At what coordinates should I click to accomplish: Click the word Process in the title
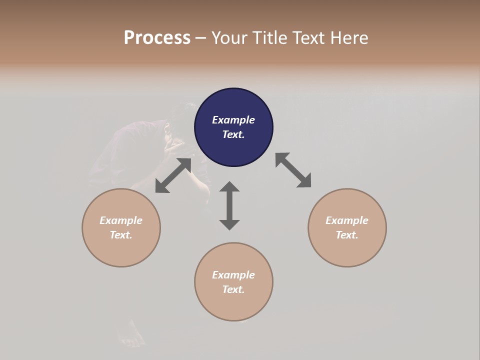(157, 38)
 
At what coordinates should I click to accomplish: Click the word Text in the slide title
(310, 38)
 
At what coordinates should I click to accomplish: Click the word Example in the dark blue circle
(233, 120)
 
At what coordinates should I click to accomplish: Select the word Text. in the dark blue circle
(233, 134)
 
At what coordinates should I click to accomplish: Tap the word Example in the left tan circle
(121, 220)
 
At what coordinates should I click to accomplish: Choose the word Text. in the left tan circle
(121, 235)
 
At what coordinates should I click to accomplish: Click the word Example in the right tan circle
(347, 220)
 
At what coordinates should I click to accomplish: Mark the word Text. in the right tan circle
(347, 235)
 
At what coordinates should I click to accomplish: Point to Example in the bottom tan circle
(233, 275)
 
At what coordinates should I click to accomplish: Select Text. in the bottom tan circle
(233, 289)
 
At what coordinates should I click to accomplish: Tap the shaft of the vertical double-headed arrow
(229, 206)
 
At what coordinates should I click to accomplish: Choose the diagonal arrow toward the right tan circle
(293, 170)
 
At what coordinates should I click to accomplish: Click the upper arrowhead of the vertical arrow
(229, 187)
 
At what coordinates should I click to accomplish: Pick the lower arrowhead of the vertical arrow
(229, 224)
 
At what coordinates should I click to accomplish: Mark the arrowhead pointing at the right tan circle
(304, 181)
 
